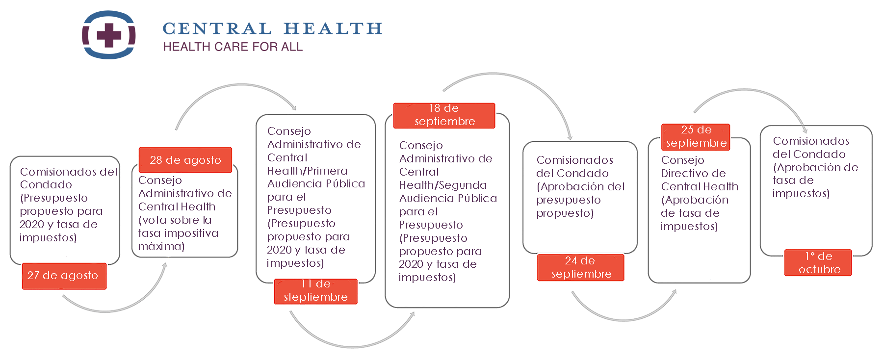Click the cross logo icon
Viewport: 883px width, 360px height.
coord(108,35)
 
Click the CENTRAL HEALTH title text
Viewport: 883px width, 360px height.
coord(272,28)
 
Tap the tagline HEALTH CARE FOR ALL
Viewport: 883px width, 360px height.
coord(233,47)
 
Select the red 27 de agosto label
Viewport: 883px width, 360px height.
coord(64,276)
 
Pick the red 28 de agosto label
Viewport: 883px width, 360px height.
coord(185,160)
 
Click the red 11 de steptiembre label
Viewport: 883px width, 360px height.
coord(315,291)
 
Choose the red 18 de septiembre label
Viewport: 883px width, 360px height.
coord(444,115)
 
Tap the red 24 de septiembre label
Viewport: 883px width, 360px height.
coord(581,267)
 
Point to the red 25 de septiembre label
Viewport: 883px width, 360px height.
coord(696,137)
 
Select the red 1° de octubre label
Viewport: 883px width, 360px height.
coord(818,263)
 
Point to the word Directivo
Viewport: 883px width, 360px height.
coord(693,173)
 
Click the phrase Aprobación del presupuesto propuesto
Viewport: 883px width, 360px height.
coord(580,200)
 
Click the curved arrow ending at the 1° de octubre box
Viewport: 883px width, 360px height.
coord(746,90)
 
